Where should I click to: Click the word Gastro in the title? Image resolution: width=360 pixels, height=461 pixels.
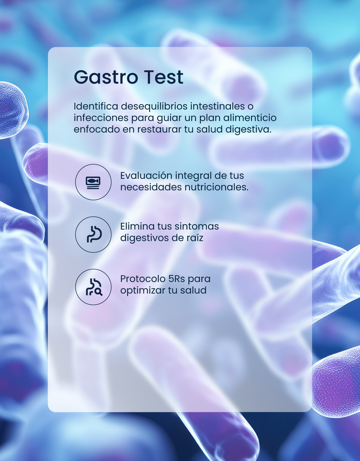[x=106, y=77]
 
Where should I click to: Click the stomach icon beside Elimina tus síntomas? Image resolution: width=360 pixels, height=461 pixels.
[x=93, y=234]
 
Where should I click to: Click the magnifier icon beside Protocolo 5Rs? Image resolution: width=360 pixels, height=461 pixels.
[x=93, y=287]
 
